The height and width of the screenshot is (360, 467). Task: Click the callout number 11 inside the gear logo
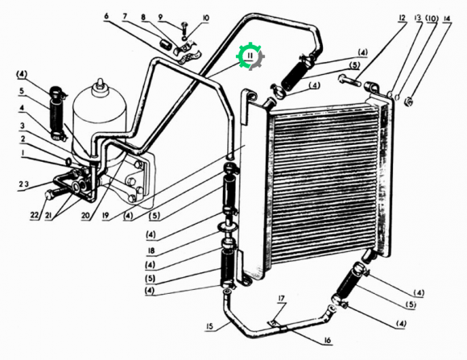250,56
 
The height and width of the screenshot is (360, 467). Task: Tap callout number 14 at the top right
446,19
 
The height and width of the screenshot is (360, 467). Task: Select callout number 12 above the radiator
402,18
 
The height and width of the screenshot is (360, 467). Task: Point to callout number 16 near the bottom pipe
328,340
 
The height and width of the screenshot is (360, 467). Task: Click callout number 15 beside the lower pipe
210,326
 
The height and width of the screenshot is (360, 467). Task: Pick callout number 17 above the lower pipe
282,298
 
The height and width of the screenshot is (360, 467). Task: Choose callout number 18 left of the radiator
151,250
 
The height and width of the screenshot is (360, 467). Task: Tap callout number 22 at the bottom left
35,214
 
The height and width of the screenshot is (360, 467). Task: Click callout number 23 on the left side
24,184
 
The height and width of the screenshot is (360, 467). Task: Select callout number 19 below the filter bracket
105,215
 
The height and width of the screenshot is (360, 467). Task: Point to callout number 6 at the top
106,15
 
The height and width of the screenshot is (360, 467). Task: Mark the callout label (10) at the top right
432,19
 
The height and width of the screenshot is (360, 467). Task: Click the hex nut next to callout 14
409,102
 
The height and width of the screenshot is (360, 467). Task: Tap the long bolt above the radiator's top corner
349,81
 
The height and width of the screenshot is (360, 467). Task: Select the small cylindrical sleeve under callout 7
165,45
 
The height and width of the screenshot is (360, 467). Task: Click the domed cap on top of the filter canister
100,84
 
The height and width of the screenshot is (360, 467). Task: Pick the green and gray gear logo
250,56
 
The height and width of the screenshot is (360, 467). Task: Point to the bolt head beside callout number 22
49,196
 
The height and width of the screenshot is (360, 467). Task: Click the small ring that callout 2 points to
68,162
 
